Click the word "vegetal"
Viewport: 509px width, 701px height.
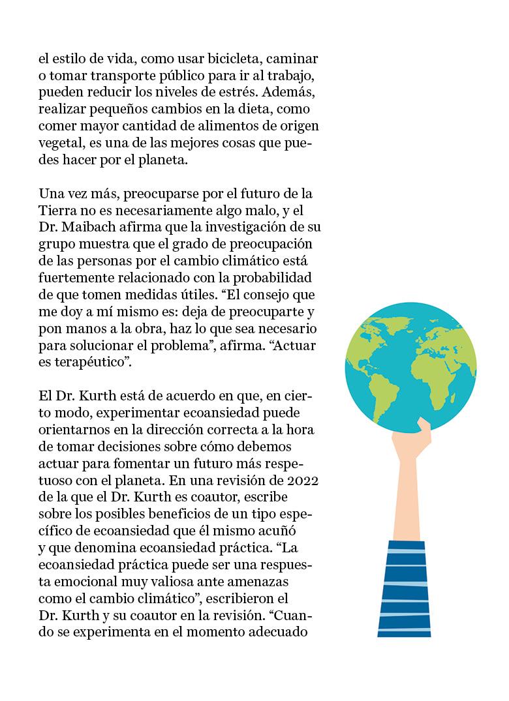[x=61, y=143]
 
